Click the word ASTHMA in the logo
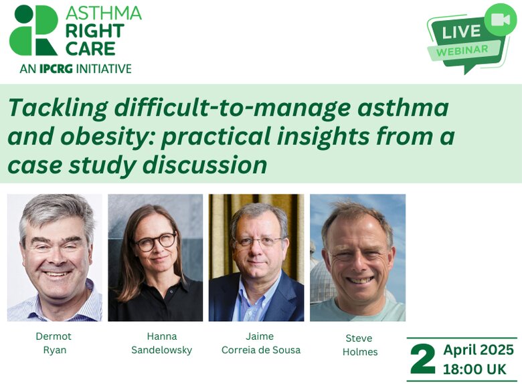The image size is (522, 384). point(104,13)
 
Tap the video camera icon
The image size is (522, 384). point(501,19)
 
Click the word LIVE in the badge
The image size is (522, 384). point(461,31)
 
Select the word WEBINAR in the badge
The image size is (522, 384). point(462,51)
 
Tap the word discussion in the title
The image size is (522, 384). point(206,165)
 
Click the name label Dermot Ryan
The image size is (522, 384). point(54,343)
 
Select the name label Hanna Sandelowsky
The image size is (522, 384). point(162,343)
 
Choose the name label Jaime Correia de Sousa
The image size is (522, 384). point(261,343)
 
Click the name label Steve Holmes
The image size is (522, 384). point(360,345)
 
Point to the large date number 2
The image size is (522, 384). point(423,359)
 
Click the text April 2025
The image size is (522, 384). point(478,350)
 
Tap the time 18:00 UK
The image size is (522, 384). point(474,369)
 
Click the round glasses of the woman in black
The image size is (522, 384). point(155,242)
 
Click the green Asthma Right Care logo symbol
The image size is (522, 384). point(33,30)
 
